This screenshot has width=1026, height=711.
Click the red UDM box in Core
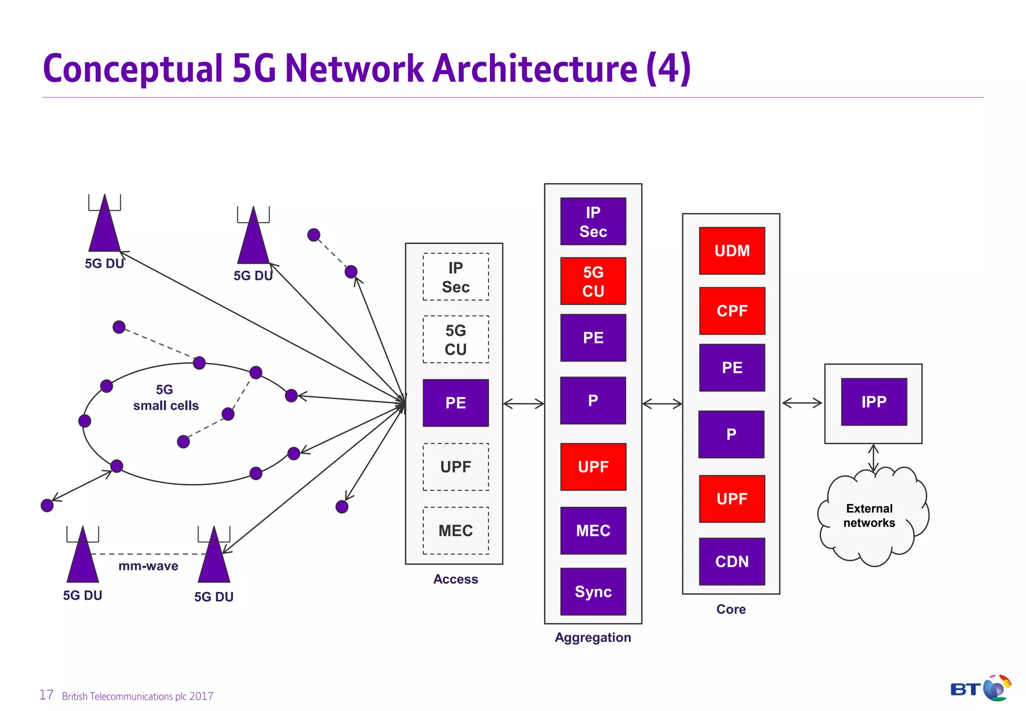(731, 251)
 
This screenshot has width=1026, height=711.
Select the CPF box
(731, 311)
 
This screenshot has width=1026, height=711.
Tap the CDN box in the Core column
(731, 562)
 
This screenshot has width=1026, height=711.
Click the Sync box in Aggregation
(593, 592)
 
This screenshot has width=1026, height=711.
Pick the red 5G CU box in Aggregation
(593, 281)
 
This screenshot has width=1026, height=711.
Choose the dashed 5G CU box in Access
(455, 339)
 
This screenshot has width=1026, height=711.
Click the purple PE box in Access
(455, 403)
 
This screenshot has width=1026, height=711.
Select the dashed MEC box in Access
(455, 530)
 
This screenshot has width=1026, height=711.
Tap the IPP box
(874, 402)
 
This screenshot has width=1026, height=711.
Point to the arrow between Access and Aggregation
(524, 404)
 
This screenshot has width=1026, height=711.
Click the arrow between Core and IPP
(802, 403)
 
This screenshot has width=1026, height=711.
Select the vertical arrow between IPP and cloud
(873, 458)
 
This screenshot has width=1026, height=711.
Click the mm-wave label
(148, 566)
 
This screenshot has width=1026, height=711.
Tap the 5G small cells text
(165, 398)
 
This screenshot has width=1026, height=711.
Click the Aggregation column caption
(593, 637)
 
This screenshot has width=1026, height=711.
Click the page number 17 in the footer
(46, 695)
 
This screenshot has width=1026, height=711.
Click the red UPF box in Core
(731, 499)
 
